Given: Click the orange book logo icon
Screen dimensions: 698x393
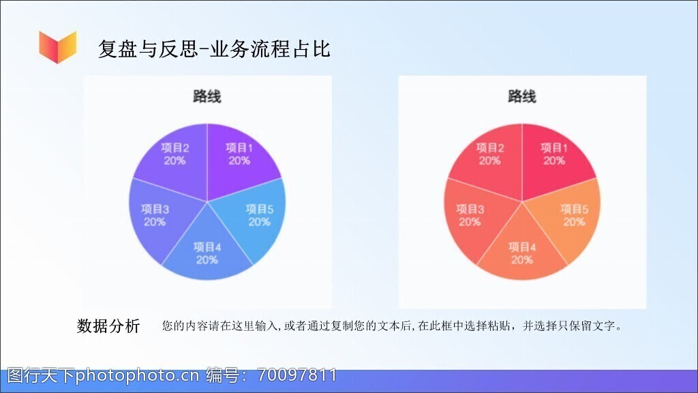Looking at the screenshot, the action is pos(58,47).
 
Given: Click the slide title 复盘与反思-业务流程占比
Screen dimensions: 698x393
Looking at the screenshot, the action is pos(214,49).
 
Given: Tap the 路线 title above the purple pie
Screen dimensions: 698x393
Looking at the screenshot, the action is pos(207,96).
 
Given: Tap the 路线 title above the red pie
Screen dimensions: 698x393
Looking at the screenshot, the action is pos(521,96).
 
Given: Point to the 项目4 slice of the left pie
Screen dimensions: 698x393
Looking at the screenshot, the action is pos(207,254).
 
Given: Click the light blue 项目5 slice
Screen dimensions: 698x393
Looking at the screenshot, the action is pos(260,216).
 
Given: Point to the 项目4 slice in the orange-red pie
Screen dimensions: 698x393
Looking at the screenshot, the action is pos(521,254).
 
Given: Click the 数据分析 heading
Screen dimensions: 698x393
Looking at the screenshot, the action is pos(108,326).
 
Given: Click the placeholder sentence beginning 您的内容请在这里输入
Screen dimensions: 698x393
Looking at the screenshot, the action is pos(391,326).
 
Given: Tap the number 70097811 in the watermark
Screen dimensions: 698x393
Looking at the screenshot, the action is pos(297,375).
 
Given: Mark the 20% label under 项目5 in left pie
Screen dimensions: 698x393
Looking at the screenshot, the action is pos(260,222).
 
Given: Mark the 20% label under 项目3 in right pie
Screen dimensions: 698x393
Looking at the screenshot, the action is pos(470,222).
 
